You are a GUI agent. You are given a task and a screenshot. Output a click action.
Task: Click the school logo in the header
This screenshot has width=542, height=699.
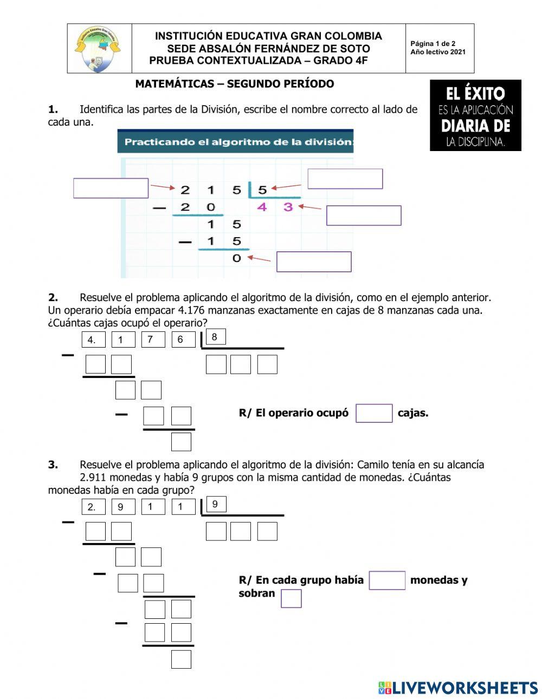(x=98, y=49)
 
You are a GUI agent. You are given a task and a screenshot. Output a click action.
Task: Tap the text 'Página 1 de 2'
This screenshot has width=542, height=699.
(x=433, y=44)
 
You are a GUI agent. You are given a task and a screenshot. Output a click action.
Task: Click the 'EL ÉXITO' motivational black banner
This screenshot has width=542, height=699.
(x=475, y=115)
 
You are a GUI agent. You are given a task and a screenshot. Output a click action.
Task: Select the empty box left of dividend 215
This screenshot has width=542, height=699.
(x=111, y=188)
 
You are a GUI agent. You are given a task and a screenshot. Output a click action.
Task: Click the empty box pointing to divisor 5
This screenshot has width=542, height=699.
(x=345, y=179)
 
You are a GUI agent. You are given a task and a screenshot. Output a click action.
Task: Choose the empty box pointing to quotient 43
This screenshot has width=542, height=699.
(x=364, y=215)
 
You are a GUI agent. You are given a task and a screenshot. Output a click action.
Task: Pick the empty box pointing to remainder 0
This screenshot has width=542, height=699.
(x=314, y=262)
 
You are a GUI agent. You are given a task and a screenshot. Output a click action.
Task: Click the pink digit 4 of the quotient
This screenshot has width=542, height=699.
(x=262, y=207)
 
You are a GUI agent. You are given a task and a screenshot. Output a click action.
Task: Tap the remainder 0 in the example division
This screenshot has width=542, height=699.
(x=236, y=258)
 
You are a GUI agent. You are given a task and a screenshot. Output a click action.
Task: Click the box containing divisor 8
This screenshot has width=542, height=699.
(x=215, y=337)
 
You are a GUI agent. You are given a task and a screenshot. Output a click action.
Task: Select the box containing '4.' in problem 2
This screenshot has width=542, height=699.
(x=93, y=340)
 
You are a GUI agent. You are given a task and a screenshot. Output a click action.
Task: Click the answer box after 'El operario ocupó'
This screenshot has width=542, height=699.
(x=374, y=413)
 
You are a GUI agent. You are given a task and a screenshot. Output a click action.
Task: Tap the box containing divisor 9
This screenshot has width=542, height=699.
(x=215, y=505)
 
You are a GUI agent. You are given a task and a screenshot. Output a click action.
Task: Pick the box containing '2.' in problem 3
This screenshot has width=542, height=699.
(x=93, y=507)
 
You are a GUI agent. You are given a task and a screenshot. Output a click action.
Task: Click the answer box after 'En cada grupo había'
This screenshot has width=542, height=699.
(x=387, y=580)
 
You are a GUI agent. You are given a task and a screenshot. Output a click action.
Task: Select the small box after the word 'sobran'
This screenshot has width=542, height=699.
(x=291, y=598)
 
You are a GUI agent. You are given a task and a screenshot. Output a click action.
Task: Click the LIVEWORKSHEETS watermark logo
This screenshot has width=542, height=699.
(x=458, y=688)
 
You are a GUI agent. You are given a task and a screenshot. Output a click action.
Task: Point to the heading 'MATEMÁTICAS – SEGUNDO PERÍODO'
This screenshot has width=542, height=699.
(x=234, y=84)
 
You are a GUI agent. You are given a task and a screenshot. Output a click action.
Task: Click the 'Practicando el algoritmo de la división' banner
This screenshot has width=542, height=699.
(x=235, y=142)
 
